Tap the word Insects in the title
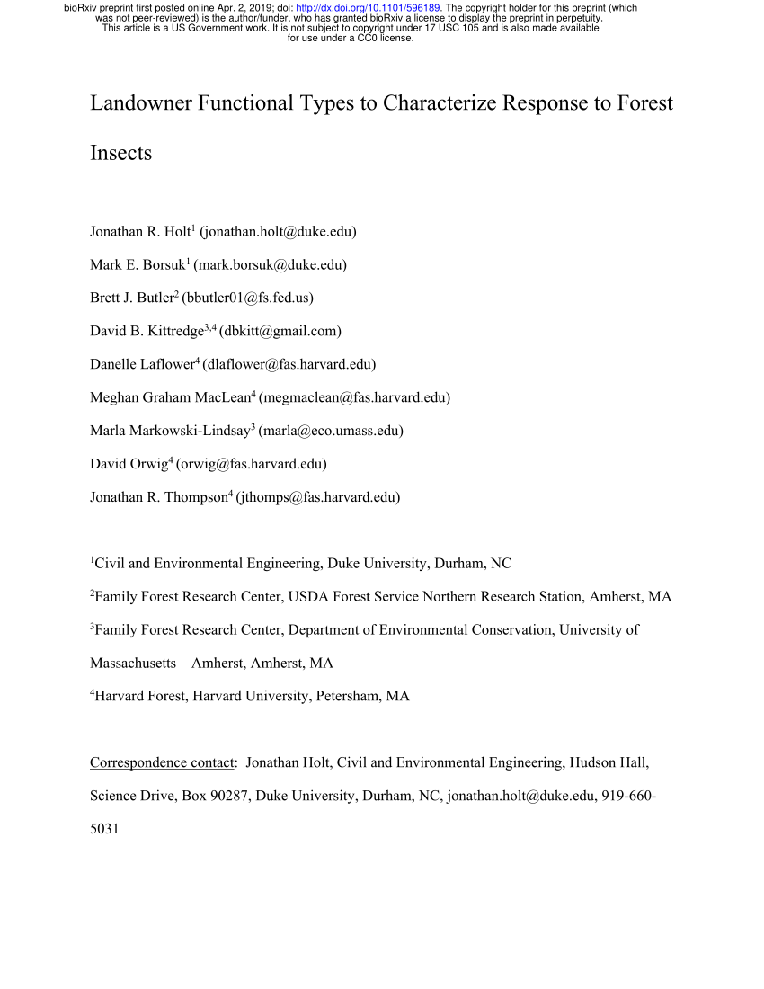pyautogui.click(x=120, y=153)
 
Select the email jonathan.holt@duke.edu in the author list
pyautogui.click(x=278, y=232)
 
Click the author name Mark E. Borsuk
pyautogui.click(x=137, y=265)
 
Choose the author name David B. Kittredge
pyautogui.click(x=147, y=332)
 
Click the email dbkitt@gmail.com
pyautogui.click(x=280, y=332)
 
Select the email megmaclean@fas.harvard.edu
pyautogui.click(x=354, y=397)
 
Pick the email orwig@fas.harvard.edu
pyautogui.click(x=252, y=464)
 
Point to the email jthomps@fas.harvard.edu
pyautogui.click(x=318, y=497)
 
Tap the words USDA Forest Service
pyautogui.click(x=406, y=597)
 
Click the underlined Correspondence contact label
pyautogui.click(x=161, y=763)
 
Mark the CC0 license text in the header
pyautogui.click(x=382, y=38)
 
